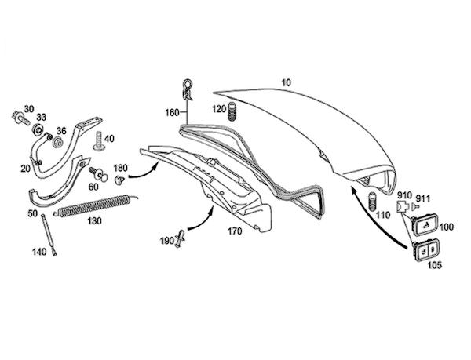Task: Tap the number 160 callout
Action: pyautogui.click(x=171, y=112)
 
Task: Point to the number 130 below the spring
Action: pyautogui.click(x=94, y=222)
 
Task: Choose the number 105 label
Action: pyautogui.click(x=435, y=265)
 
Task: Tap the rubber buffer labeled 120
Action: pyautogui.click(x=232, y=115)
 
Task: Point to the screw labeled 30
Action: pyautogui.click(x=16, y=119)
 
